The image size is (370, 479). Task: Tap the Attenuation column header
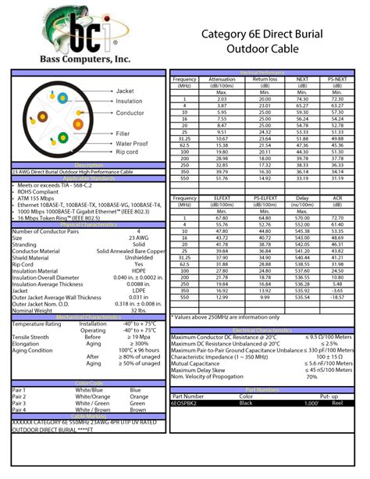(x=222, y=79)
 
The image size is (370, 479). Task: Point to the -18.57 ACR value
(x=337, y=297)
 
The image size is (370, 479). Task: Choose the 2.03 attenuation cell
(x=222, y=99)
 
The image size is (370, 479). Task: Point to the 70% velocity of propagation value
(x=311, y=376)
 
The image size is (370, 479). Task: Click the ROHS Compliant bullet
(x=39, y=192)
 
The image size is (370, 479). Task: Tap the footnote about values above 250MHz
(x=227, y=317)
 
